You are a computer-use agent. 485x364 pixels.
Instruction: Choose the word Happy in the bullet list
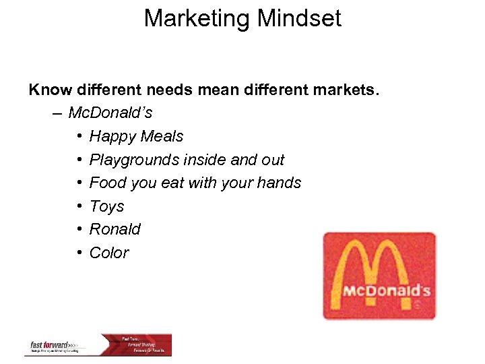click(x=111, y=137)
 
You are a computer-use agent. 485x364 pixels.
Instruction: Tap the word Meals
click(x=160, y=136)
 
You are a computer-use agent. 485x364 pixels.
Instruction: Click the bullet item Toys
click(x=106, y=207)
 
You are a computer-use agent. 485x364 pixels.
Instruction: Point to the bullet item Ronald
click(x=115, y=229)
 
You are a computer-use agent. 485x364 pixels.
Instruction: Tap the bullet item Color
click(x=109, y=253)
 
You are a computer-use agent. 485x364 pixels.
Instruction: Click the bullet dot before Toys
click(x=79, y=206)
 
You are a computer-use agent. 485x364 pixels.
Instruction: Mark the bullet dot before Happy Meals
click(x=79, y=136)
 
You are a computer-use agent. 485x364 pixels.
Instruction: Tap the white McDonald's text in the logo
click(x=386, y=291)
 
